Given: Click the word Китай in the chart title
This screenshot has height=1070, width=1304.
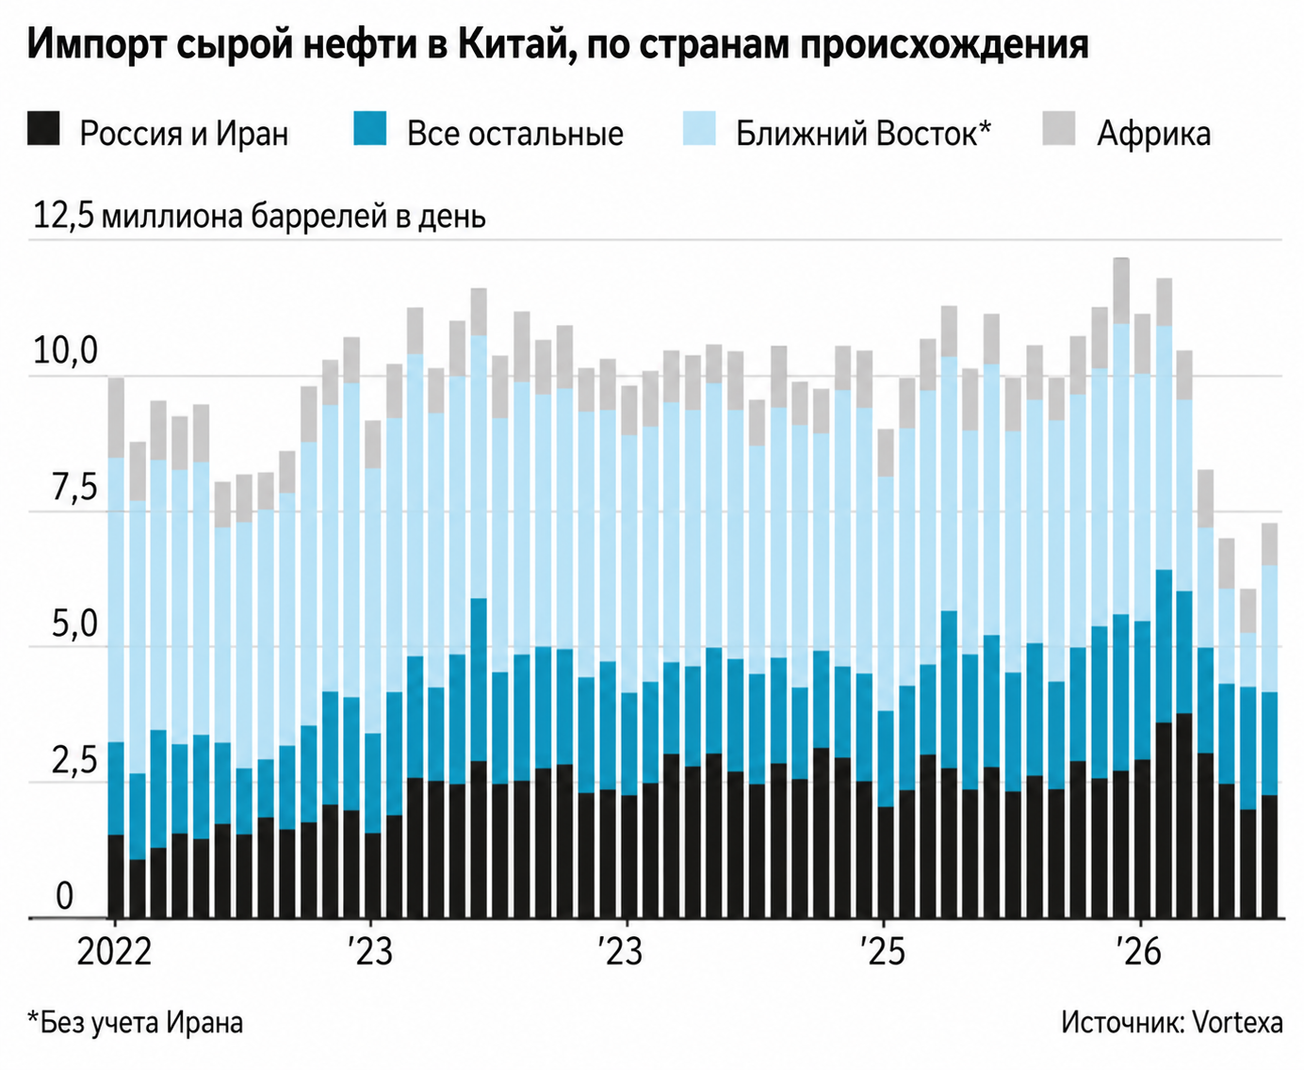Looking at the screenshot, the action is coord(509,46).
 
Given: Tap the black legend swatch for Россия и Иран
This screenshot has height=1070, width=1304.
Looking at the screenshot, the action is coord(43,129).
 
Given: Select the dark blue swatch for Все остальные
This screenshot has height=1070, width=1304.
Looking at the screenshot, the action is coord(369,129).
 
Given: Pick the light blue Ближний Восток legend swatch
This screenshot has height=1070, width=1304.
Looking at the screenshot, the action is coord(699,129).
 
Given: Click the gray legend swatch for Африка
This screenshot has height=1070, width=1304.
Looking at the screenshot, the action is coord(1058,129).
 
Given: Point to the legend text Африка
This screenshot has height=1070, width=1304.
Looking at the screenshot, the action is coord(1153,134).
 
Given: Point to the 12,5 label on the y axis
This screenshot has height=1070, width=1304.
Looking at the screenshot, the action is coord(63,217).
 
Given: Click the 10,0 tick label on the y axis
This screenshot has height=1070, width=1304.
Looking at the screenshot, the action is coord(66,351).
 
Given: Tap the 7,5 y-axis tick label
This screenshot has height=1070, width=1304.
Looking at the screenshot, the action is coord(74,488).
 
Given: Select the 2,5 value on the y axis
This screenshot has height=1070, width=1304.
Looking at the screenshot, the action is coord(74,761).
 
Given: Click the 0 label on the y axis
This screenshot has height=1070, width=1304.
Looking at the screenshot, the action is coord(65,897).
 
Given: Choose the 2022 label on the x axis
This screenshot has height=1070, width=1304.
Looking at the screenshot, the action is coord(114,952).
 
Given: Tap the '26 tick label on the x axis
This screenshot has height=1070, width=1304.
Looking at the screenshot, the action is coord(1139,952).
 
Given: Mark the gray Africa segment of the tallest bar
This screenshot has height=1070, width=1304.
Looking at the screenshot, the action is coord(1121,290).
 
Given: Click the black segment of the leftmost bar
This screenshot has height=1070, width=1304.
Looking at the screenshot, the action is coord(116,876).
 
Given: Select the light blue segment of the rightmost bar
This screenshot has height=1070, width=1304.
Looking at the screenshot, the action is coord(1269,628).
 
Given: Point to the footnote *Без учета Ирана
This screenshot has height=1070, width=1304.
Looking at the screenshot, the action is coord(135,1024).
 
